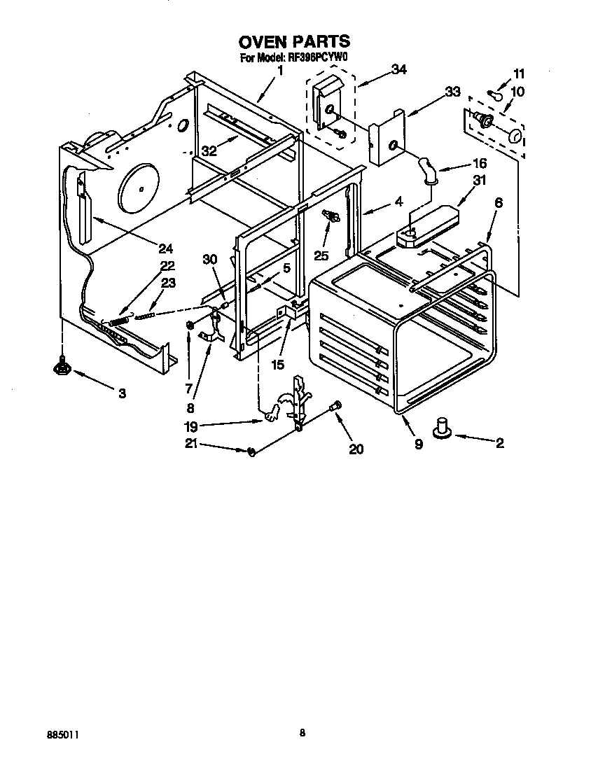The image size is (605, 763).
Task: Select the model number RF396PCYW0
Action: [318, 59]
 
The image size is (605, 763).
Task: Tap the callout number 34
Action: [398, 69]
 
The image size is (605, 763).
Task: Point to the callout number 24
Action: [165, 248]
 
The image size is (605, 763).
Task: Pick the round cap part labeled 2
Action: [443, 428]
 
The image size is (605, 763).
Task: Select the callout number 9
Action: [418, 444]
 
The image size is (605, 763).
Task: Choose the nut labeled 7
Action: [190, 325]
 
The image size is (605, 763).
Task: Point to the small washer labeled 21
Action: [251, 451]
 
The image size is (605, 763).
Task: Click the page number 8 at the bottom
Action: [302, 733]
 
